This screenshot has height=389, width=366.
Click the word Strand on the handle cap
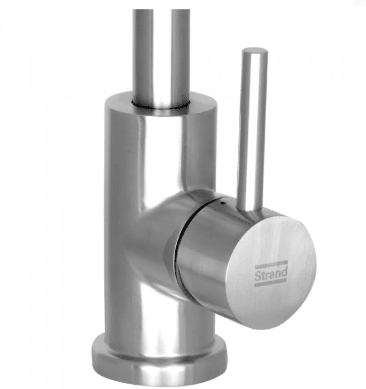click(271, 274)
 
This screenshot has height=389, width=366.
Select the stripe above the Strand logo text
click(271, 265)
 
